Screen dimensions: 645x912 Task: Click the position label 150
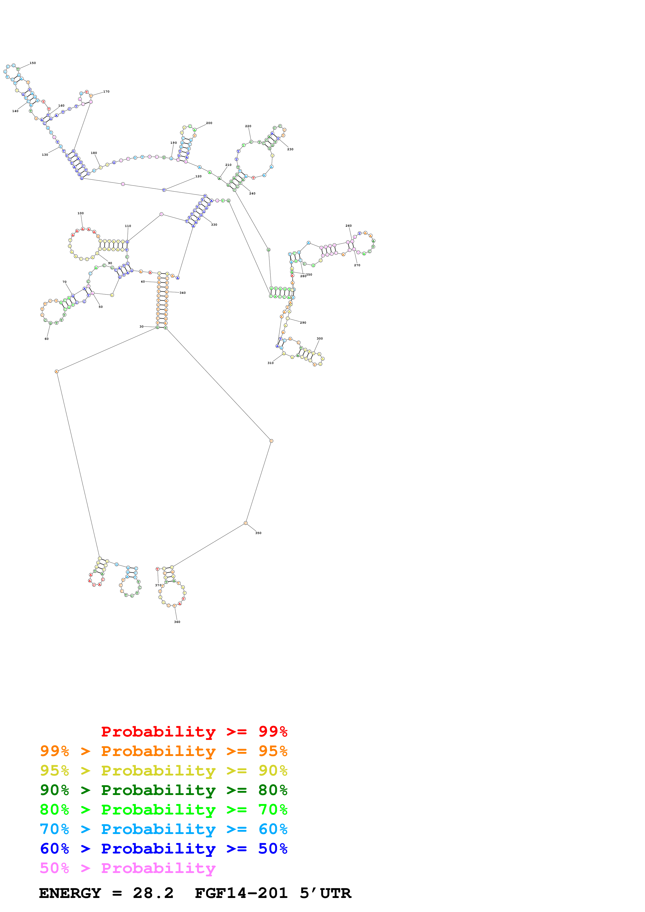point(33,63)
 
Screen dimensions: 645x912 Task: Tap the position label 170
point(106,92)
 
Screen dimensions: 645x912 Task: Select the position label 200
point(209,123)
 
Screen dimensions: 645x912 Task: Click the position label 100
point(80,213)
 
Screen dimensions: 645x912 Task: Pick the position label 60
point(47,339)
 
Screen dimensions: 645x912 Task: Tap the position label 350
point(258,533)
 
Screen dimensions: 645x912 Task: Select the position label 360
point(177,622)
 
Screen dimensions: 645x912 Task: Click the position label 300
point(320,339)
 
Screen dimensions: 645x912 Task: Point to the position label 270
point(357,265)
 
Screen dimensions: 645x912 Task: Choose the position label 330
point(214,225)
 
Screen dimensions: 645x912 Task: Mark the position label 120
point(198,176)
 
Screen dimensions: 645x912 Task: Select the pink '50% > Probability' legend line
point(127,868)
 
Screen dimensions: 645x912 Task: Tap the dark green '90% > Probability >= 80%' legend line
point(163,790)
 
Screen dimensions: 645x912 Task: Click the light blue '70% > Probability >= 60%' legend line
point(163,829)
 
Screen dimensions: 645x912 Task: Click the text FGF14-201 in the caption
point(241,893)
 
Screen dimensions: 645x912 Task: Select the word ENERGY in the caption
point(70,893)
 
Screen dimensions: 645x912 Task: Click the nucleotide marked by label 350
point(246,523)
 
